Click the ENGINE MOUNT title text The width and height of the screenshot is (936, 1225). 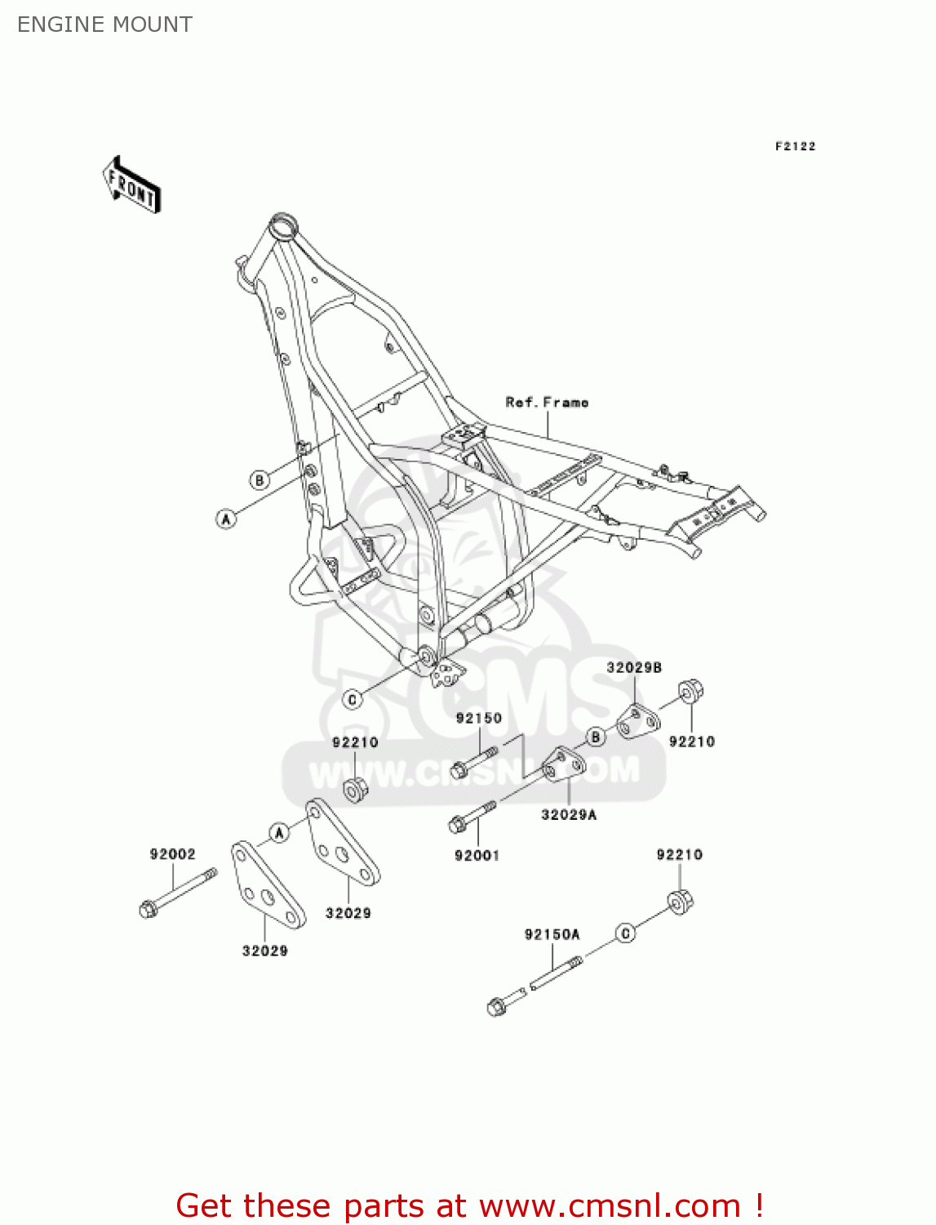[104, 24]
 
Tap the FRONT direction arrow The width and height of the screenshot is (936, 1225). [131, 185]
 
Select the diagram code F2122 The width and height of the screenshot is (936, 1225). [795, 146]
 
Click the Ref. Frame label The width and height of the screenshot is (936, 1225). [547, 402]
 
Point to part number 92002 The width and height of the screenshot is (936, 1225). [172, 854]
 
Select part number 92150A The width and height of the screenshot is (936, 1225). [552, 934]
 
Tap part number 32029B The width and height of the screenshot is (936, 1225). [633, 667]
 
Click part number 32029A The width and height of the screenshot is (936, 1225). [569, 814]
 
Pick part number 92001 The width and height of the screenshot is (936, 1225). [477, 855]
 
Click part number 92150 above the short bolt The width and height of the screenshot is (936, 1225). [478, 718]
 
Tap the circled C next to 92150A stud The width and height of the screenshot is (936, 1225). [625, 933]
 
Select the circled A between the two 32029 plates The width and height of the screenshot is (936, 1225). [279, 832]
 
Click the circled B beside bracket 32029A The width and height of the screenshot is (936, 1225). [596, 737]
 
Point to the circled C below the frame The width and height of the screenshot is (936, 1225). [353, 699]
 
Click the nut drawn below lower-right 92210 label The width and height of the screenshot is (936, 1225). [681, 902]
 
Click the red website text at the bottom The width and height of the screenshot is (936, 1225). [468, 1205]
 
